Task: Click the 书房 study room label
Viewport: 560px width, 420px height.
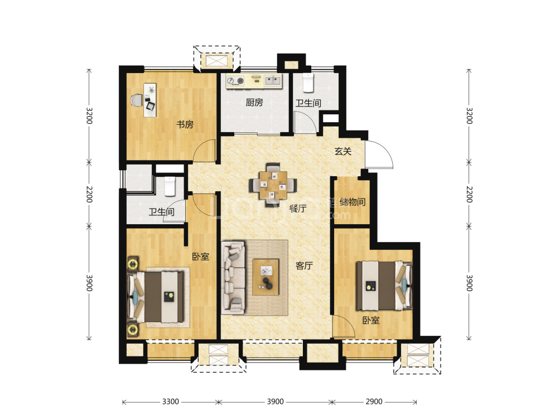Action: point(185,124)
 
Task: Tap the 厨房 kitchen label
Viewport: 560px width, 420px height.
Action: point(254,103)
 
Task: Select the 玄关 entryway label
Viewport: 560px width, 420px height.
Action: point(343,151)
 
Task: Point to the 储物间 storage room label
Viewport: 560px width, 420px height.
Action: point(352,202)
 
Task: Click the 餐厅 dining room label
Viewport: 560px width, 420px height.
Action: point(298,208)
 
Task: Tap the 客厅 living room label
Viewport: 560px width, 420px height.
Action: point(304,265)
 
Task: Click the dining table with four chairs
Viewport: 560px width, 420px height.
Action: point(273,185)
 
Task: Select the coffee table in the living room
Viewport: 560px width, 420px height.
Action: point(265,277)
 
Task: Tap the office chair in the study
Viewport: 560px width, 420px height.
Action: point(137,100)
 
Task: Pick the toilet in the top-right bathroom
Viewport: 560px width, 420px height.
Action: point(308,83)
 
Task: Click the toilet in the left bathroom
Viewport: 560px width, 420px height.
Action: point(170,186)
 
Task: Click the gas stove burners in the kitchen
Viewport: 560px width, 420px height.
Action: point(235,81)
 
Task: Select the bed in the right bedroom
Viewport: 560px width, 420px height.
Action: point(384,286)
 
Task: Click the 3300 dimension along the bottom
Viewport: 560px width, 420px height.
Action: point(170,402)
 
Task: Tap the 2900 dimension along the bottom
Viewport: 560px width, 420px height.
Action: point(374,402)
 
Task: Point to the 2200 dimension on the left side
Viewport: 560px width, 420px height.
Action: point(89,194)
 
